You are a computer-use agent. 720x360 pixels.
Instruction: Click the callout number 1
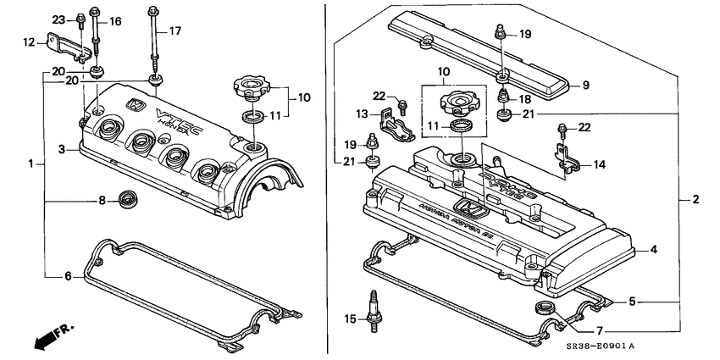pos(31,162)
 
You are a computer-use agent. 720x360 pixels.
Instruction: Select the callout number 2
pos(695,200)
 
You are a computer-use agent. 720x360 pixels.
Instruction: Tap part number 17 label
pos(175,31)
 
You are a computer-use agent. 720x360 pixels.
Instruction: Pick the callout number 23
pos(58,19)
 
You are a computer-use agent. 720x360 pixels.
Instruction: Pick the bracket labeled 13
pos(396,124)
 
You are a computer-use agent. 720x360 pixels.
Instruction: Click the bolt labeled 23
pos(79,18)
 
